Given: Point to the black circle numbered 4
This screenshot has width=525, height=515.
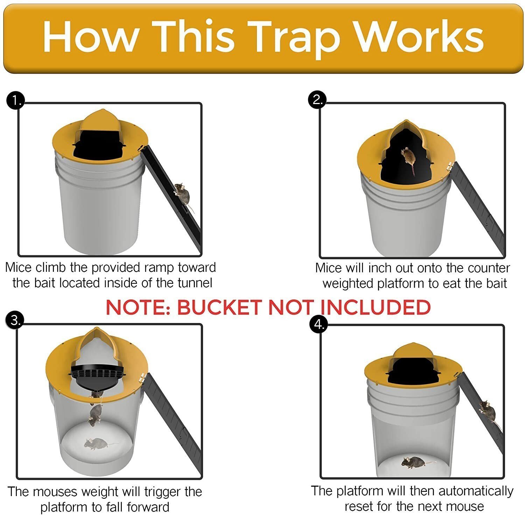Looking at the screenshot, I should pyautogui.click(x=318, y=324).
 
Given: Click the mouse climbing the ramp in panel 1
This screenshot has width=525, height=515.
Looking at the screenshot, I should pyautogui.click(x=183, y=194).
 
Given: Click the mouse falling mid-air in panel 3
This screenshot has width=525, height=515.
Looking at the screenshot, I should pyautogui.click(x=95, y=414).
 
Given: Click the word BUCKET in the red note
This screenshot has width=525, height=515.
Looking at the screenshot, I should pyautogui.click(x=219, y=307).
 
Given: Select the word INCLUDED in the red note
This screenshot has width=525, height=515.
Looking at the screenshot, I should pyautogui.click(x=376, y=307).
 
